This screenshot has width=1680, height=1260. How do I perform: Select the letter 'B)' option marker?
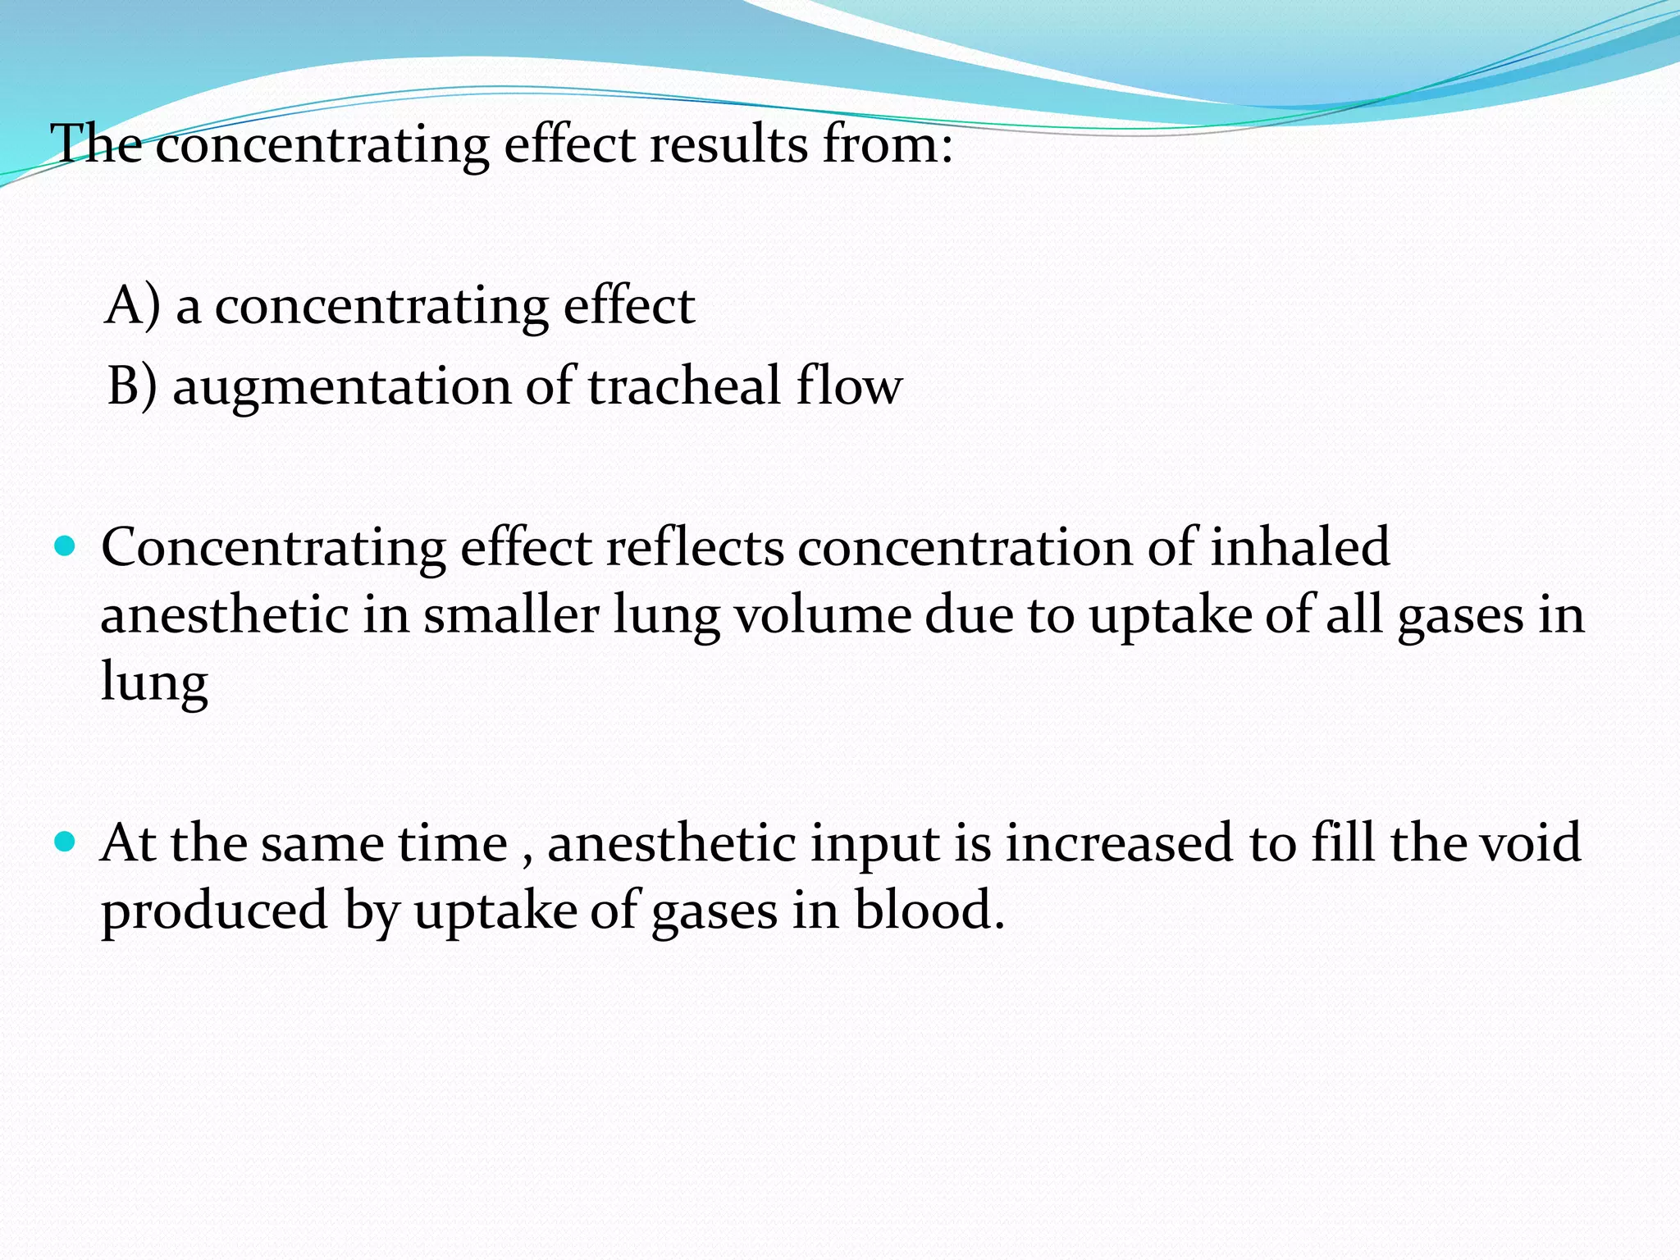(x=132, y=386)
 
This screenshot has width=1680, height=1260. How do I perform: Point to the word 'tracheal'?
(x=684, y=386)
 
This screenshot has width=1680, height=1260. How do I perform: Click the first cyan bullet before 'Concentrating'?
(x=64, y=546)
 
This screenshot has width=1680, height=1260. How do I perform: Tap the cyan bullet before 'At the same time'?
(x=64, y=842)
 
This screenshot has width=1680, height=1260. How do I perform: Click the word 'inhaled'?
(x=1299, y=547)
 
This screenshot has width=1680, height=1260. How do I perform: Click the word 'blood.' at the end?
(x=929, y=911)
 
